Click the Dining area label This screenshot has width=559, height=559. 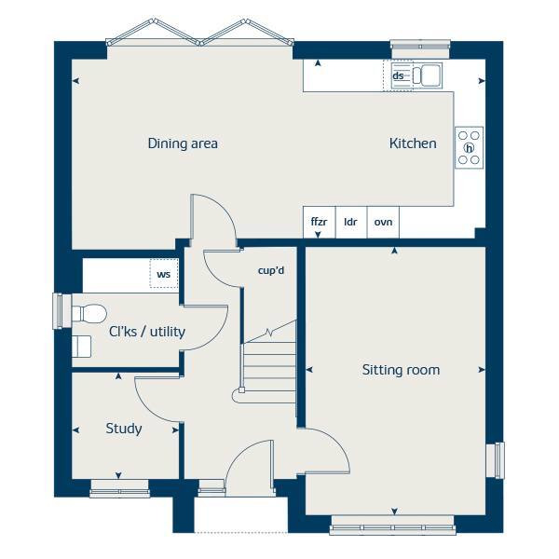[x=183, y=143]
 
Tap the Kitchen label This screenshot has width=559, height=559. [x=413, y=143]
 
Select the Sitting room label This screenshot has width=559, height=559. [x=401, y=370]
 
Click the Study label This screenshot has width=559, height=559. [x=124, y=429]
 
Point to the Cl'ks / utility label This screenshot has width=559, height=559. [x=147, y=332]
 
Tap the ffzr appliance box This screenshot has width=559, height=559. [x=319, y=223]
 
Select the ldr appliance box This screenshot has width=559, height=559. [x=351, y=223]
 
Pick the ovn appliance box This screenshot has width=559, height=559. [x=383, y=223]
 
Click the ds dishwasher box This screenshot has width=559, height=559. [x=398, y=75]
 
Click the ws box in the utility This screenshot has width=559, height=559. [x=164, y=274]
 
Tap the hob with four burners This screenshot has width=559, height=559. [x=469, y=147]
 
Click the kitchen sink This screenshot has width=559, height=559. [x=429, y=75]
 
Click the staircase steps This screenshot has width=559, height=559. [x=269, y=368]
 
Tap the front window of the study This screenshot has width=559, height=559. [x=118, y=485]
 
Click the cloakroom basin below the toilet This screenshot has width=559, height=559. [x=82, y=346]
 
